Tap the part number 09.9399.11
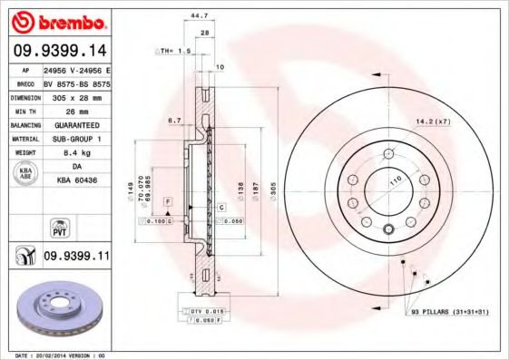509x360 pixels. click(76, 258)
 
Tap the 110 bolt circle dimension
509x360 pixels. click(396, 180)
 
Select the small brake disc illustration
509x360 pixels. click(57, 306)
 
